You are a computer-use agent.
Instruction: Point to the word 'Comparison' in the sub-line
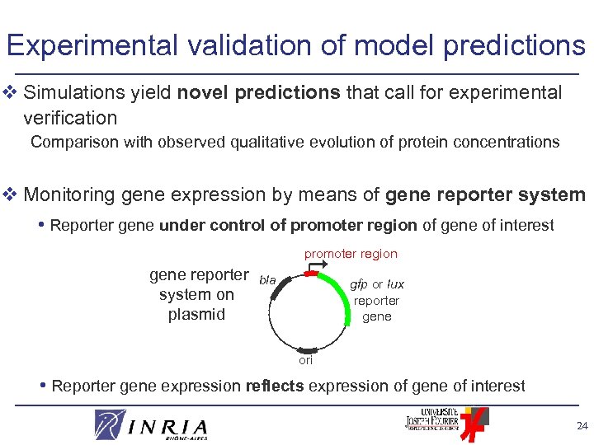(75, 142)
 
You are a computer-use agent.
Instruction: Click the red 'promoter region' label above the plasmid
(351, 254)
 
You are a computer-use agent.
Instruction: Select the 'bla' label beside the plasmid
(267, 280)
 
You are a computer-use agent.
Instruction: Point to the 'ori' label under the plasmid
(306, 360)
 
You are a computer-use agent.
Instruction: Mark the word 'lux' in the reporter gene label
(395, 284)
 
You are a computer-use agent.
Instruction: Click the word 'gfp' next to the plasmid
(358, 284)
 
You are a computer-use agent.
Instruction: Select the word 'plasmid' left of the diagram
(196, 314)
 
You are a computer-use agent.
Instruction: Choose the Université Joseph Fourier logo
(441, 422)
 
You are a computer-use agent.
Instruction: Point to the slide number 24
(581, 427)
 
